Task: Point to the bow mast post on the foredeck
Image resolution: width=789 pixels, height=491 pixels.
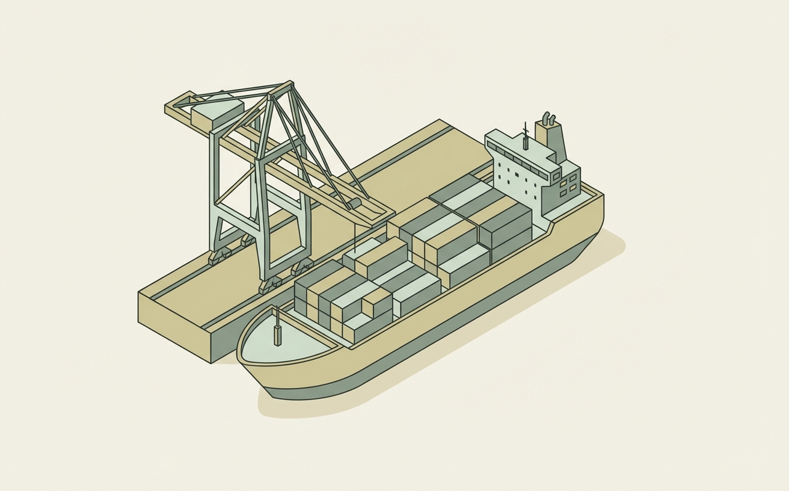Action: pos(277,335)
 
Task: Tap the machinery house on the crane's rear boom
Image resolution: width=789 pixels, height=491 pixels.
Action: pos(216,112)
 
